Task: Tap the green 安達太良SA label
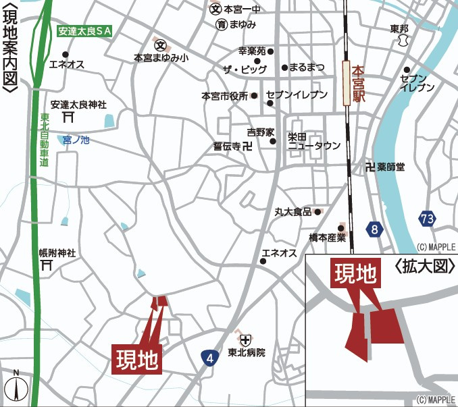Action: tap(84, 31)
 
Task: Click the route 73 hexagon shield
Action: tap(427, 219)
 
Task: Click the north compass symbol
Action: tap(16, 387)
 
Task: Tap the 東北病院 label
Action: tap(246, 352)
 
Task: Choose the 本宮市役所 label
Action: tap(225, 96)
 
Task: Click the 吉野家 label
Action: tap(259, 132)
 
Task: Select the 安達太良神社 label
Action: tap(78, 105)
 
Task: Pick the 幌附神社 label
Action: tap(57, 253)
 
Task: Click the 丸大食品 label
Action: tap(292, 212)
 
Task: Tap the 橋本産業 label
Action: tap(327, 237)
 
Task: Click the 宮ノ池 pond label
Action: tap(76, 140)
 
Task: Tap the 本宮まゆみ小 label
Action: tap(161, 59)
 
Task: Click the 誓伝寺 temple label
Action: tap(227, 146)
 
